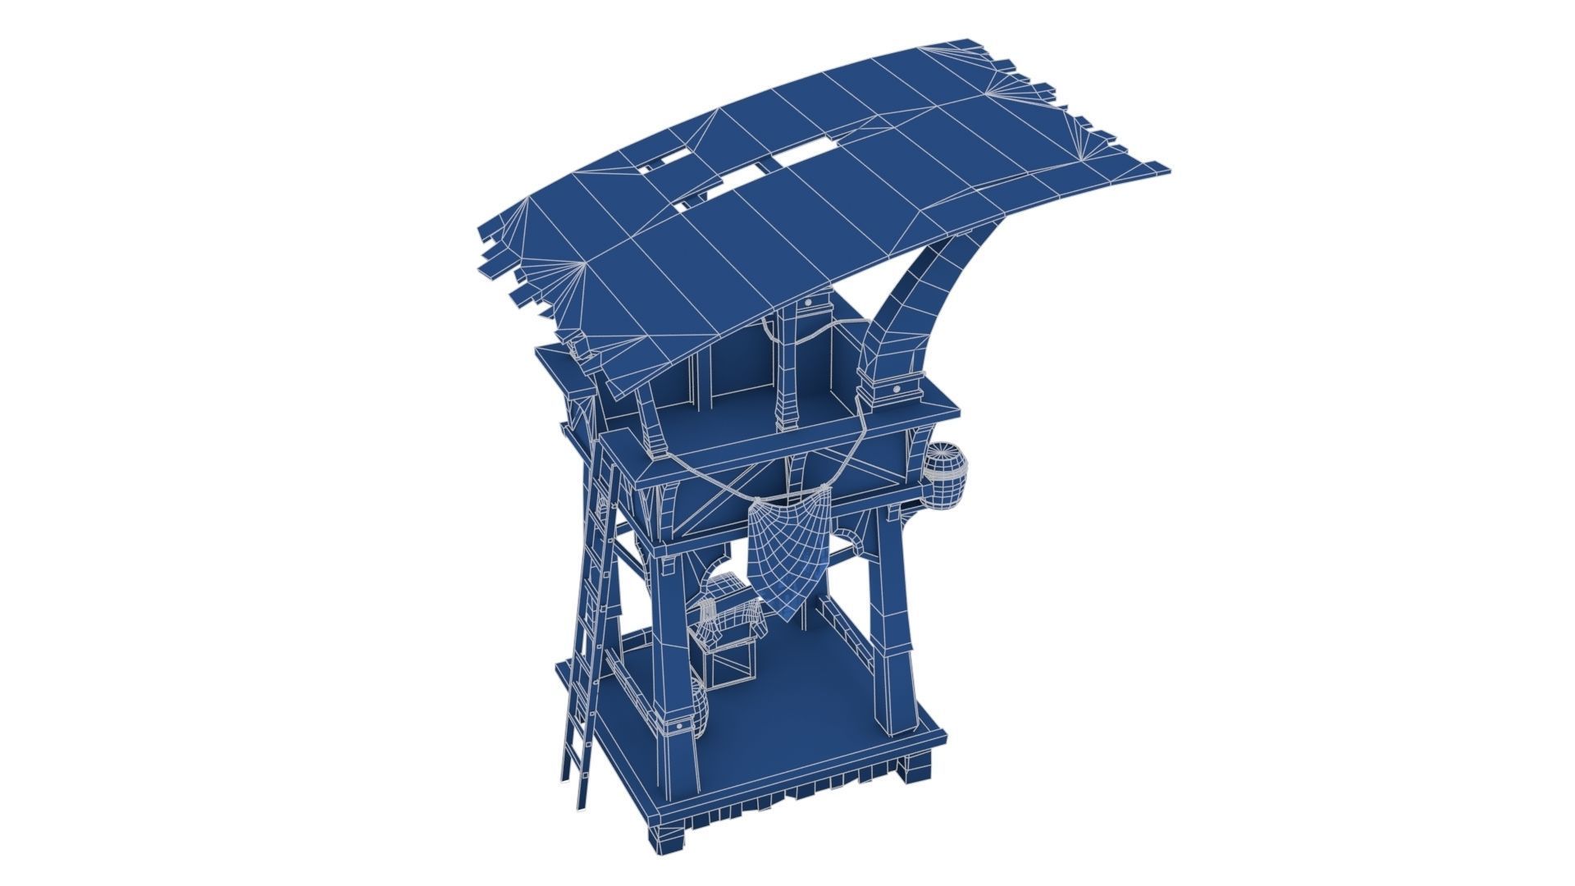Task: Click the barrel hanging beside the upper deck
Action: [947, 477]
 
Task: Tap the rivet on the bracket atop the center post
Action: [809, 303]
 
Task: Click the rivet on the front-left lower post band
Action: [680, 727]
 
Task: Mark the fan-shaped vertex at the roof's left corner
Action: [584, 264]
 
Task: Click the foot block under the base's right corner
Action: [917, 770]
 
